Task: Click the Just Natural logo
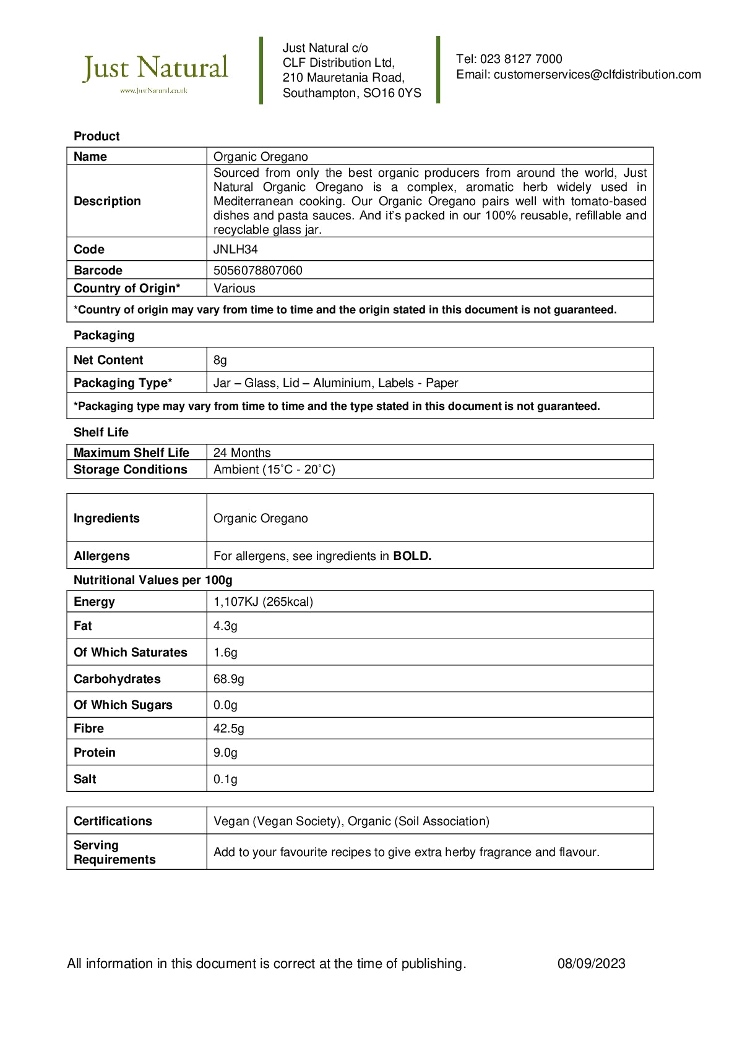coord(155,72)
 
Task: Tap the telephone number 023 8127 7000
coord(521,59)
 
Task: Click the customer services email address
coord(597,75)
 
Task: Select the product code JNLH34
coord(235,250)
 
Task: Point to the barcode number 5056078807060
coord(257,271)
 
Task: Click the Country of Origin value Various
coord(234,289)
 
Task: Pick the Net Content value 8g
coord(220,360)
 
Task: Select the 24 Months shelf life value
coord(242,453)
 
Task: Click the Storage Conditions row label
coord(130,470)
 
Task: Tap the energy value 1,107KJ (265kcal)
coord(263,602)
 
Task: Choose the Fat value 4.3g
coord(225,626)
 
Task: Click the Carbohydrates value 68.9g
coord(228,679)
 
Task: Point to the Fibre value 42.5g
coord(228,729)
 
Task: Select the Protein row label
coord(94,753)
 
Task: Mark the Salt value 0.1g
coord(225,780)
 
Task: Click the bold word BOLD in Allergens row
coord(412,556)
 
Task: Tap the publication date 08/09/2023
coord(591,964)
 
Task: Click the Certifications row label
coord(113,822)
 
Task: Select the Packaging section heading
coord(104,336)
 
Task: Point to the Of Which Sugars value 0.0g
coord(225,705)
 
